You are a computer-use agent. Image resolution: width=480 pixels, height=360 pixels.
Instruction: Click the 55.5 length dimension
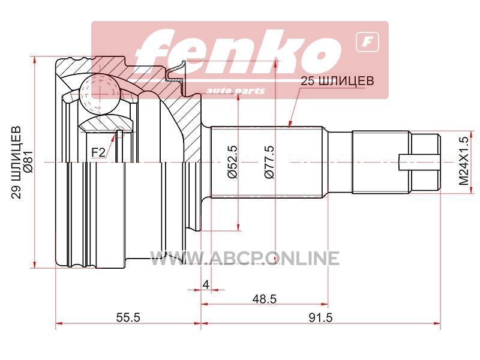click(x=128, y=317)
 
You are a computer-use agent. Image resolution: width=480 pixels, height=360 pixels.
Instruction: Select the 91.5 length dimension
click(x=320, y=317)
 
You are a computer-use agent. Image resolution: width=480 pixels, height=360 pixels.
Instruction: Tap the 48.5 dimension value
click(x=265, y=299)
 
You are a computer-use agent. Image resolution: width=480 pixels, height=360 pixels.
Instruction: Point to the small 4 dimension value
click(x=206, y=284)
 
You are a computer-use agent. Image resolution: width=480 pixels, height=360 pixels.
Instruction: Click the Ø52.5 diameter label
click(x=233, y=161)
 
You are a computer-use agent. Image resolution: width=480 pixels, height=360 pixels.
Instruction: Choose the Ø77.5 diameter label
click(x=269, y=161)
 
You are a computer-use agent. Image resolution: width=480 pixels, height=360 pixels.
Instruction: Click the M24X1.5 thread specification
click(x=464, y=161)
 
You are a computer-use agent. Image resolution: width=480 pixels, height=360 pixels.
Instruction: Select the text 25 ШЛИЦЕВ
click(x=337, y=81)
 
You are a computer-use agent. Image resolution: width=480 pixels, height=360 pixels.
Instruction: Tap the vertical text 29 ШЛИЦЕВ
click(x=16, y=162)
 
